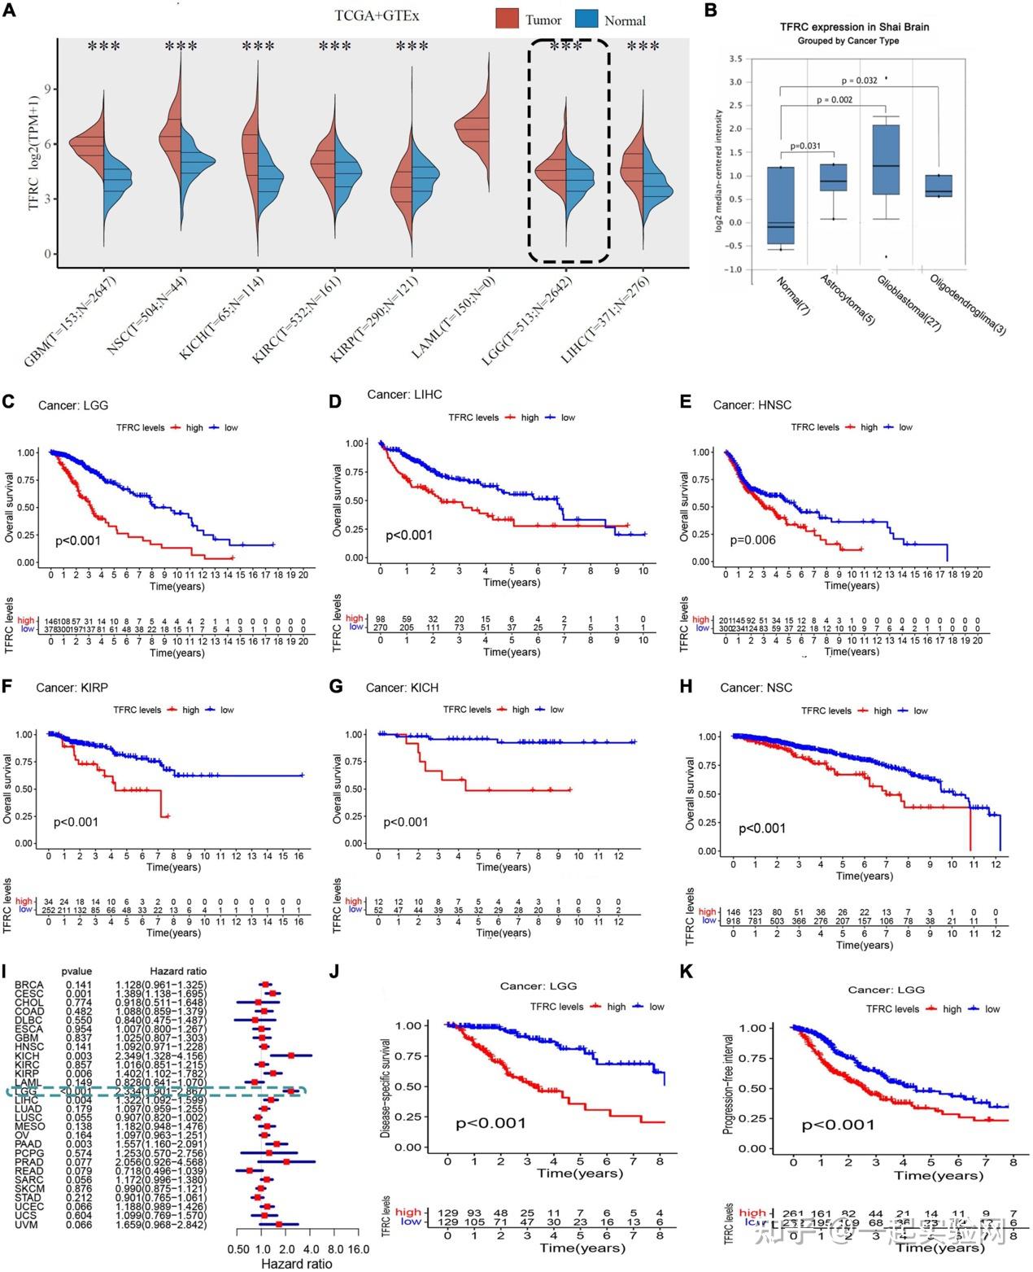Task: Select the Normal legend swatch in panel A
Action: (586, 19)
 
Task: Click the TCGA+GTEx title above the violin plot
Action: (377, 15)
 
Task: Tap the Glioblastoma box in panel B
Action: (887, 160)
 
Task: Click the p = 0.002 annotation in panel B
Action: (835, 100)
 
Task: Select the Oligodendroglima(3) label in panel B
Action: (968, 304)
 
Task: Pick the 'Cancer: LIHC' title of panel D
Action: (404, 395)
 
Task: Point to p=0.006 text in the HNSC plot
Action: (752, 540)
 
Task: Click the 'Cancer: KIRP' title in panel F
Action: (72, 688)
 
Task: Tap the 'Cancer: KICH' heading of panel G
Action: (402, 688)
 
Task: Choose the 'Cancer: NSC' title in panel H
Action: (756, 688)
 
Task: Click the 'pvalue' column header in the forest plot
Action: (78, 971)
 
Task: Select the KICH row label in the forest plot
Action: (28, 1056)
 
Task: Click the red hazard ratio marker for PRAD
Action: (285, 1161)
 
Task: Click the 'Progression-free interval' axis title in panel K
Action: (728, 1084)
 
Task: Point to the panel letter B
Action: (710, 11)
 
